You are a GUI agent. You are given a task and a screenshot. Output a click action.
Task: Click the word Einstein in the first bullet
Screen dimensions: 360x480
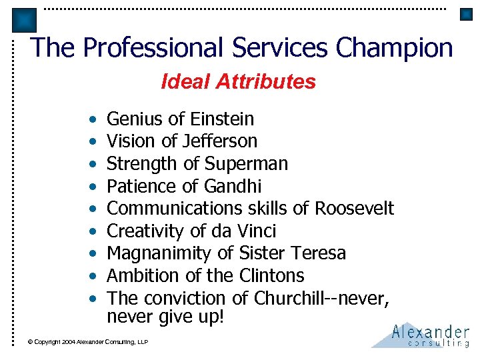(222, 119)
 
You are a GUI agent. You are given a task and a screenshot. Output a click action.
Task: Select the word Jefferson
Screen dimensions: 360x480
(223, 141)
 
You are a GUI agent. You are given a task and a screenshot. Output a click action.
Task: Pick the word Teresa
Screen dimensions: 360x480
(322, 253)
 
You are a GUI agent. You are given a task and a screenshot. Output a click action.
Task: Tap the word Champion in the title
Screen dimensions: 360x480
(395, 48)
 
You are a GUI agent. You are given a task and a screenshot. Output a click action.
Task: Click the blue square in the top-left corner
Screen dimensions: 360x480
(24, 21)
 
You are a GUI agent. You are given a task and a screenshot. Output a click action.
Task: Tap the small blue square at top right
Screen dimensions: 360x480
(465, 14)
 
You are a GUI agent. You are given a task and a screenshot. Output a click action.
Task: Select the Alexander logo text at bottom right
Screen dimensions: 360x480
(431, 331)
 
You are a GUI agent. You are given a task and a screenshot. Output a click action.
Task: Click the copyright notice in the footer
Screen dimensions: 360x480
(87, 342)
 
